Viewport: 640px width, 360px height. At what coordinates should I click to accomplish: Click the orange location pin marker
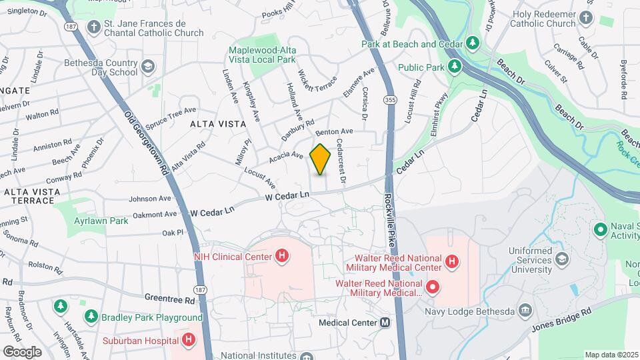[x=321, y=159]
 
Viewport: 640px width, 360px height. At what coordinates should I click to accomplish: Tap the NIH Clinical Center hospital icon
[x=282, y=256]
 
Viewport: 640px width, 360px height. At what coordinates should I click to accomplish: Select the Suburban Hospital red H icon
[x=189, y=340]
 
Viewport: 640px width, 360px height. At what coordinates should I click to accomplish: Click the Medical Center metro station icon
[x=385, y=323]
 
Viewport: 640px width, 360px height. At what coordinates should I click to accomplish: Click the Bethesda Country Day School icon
[x=147, y=67]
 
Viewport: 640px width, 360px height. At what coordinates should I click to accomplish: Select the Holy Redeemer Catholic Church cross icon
[x=587, y=17]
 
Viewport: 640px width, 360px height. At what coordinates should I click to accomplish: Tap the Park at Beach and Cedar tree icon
[x=473, y=43]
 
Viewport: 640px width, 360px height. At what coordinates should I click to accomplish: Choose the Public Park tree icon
[x=455, y=67]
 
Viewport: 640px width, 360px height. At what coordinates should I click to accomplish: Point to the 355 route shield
[x=390, y=99]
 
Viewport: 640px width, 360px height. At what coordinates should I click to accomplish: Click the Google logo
[x=23, y=351]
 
